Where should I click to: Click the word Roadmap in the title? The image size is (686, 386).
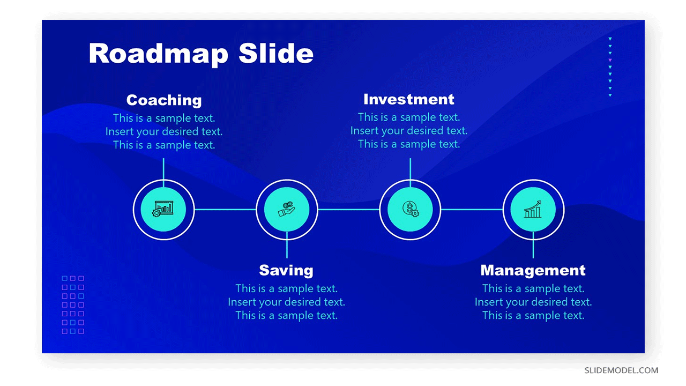pyautogui.click(x=158, y=54)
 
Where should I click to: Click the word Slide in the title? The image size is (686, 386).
pyautogui.click(x=275, y=53)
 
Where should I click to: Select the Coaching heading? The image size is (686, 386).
pyautogui.click(x=164, y=100)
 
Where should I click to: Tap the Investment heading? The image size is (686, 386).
pyautogui.click(x=409, y=99)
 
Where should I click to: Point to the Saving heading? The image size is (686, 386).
pyautogui.click(x=286, y=271)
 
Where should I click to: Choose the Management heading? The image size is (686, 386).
pyautogui.click(x=533, y=270)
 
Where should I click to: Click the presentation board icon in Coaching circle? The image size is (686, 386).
pyautogui.click(x=163, y=209)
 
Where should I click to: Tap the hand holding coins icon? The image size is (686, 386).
pyautogui.click(x=286, y=209)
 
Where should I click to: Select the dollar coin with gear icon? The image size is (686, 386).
pyautogui.click(x=411, y=209)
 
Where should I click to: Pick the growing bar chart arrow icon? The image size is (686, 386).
pyautogui.click(x=533, y=209)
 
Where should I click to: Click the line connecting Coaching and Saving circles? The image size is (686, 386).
pyautogui.click(x=225, y=210)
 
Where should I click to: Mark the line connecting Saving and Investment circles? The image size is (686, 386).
pyautogui.click(x=348, y=210)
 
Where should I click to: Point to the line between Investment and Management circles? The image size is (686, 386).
pyautogui.click(x=472, y=210)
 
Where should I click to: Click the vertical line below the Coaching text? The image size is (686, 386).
pyautogui.click(x=163, y=173)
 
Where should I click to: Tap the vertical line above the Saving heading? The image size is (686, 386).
pyautogui.click(x=287, y=245)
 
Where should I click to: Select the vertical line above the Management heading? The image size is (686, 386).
pyautogui.click(x=533, y=245)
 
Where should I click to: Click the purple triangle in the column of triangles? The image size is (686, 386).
pyautogui.click(x=610, y=60)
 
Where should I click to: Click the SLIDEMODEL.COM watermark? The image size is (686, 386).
pyautogui.click(x=621, y=370)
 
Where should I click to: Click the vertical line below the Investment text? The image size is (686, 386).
pyautogui.click(x=410, y=173)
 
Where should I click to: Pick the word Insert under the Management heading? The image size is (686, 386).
pyautogui.click(x=488, y=302)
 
